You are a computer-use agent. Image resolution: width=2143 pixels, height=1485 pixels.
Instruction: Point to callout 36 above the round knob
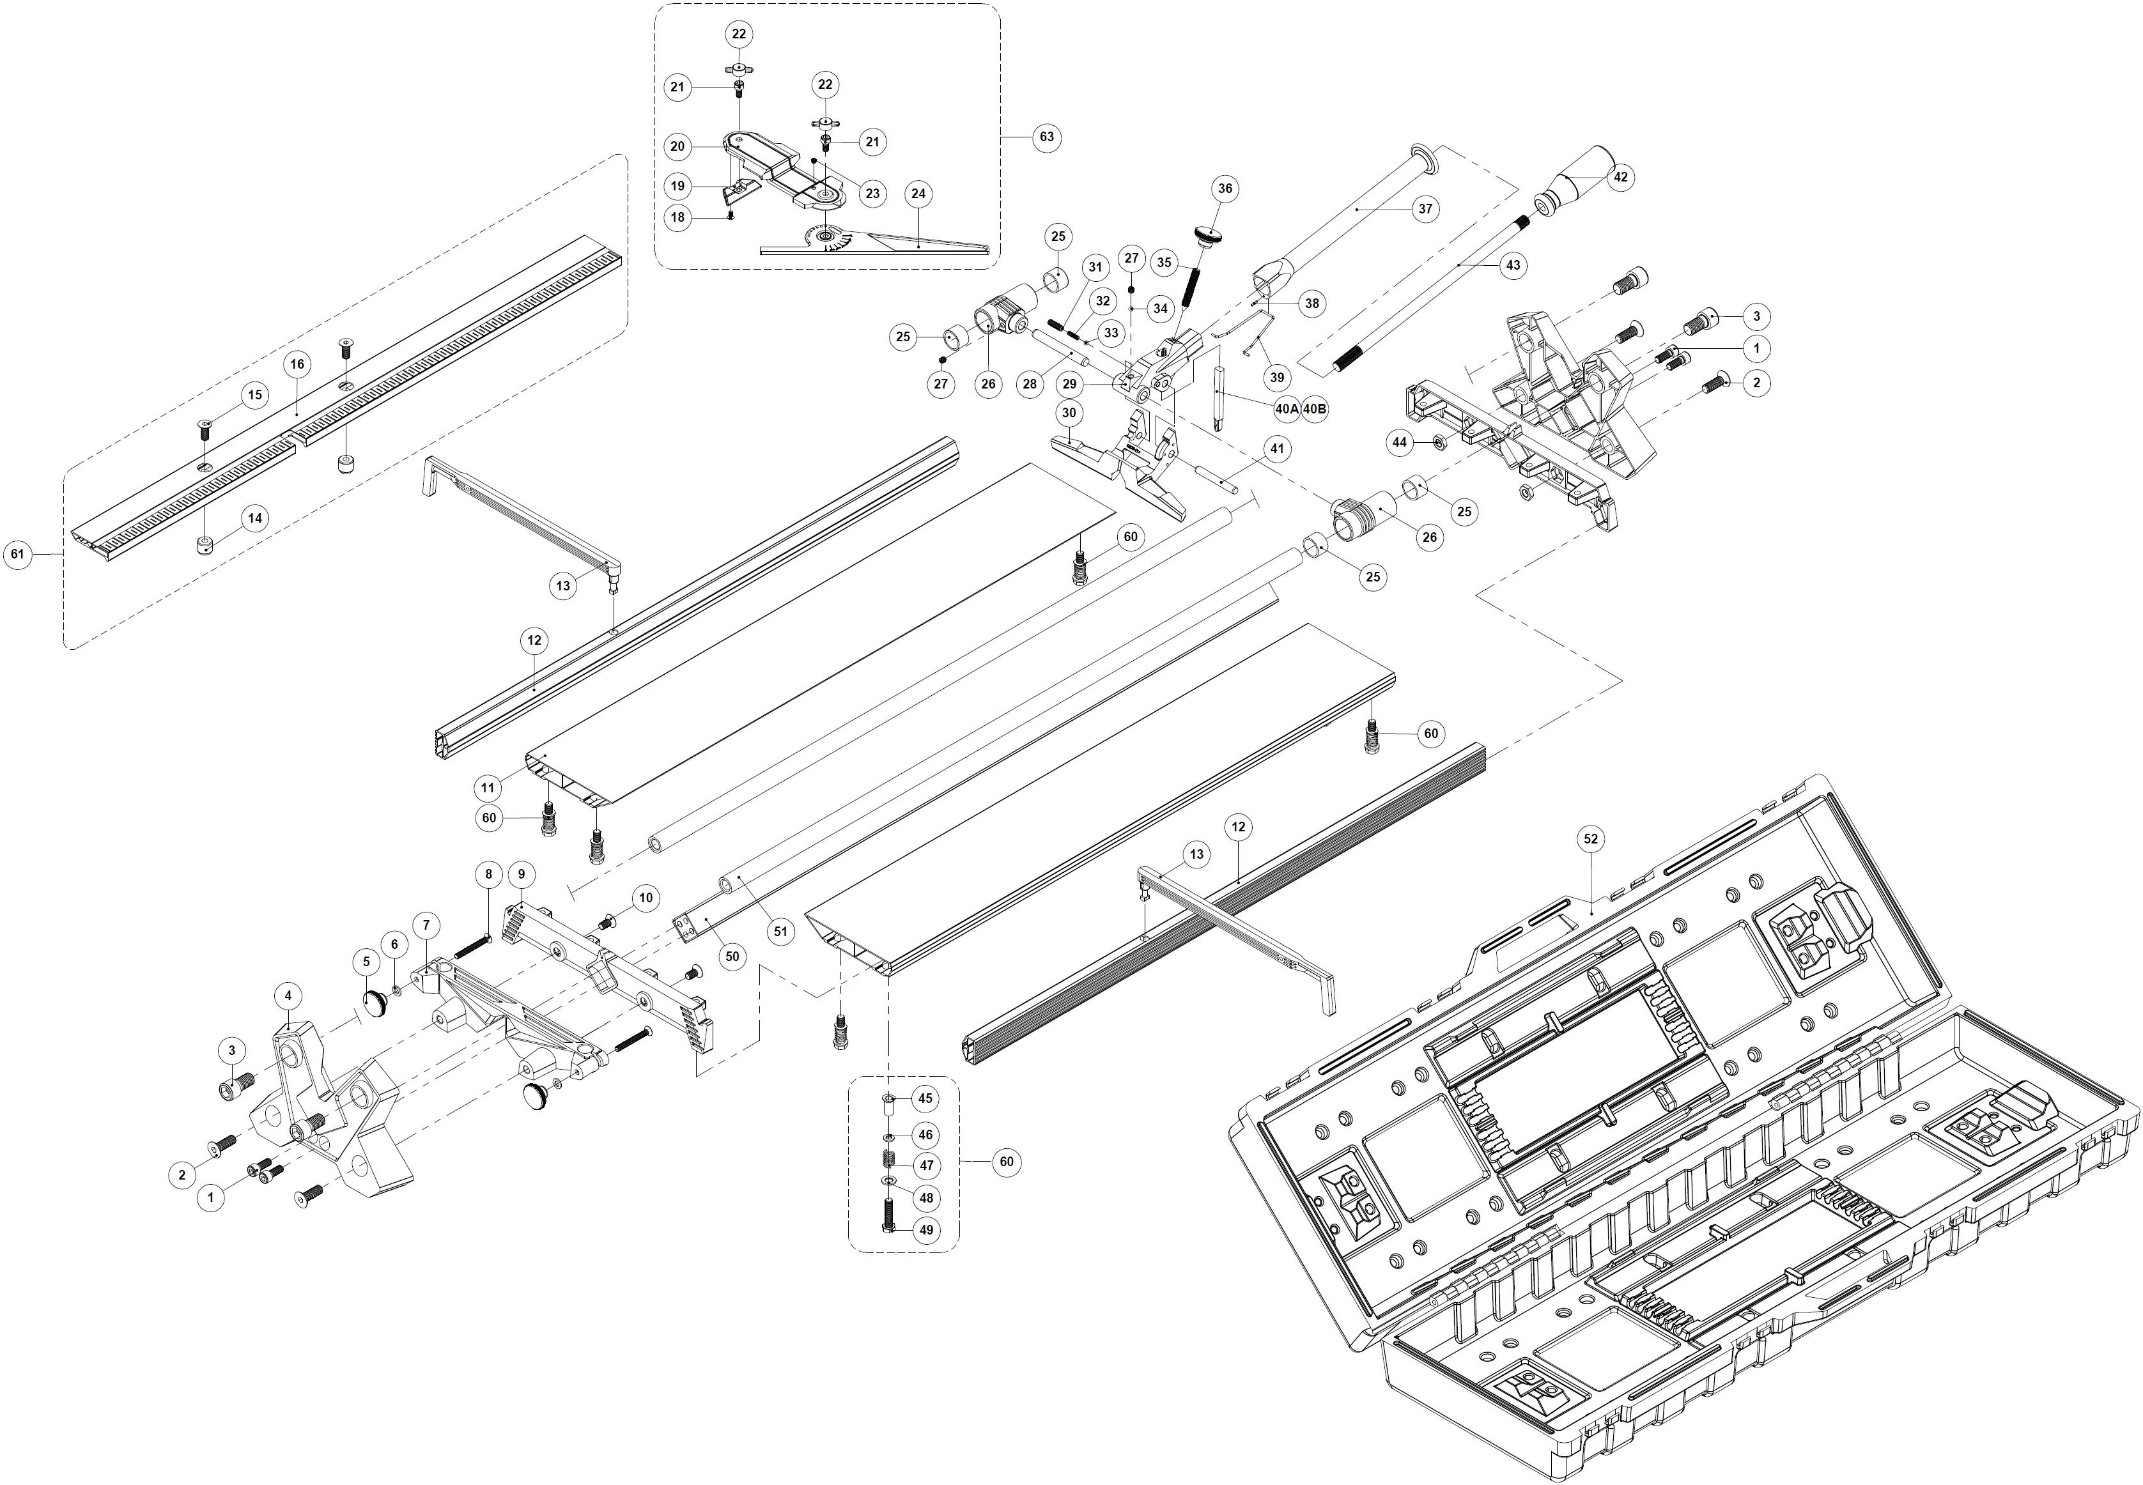coord(1225,189)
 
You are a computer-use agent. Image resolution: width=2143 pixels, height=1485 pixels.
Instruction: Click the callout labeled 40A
coord(1287,408)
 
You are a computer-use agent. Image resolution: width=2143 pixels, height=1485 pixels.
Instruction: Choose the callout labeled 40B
coord(1315,408)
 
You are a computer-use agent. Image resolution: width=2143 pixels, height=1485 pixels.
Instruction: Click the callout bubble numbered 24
coord(918,194)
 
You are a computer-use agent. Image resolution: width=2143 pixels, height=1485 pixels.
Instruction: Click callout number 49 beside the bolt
coord(926,1229)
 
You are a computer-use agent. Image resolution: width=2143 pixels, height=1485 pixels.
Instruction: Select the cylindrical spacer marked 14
coord(204,544)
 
